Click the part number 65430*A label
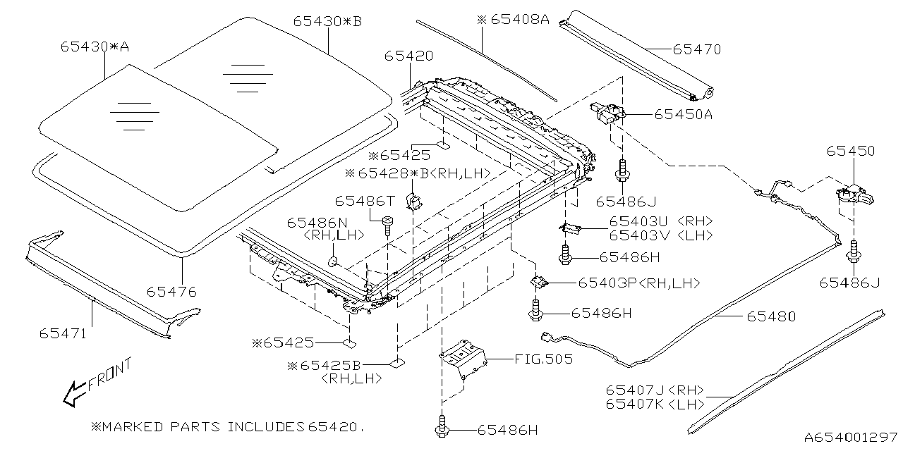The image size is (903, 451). click(x=95, y=47)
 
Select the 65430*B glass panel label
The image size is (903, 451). click(x=327, y=21)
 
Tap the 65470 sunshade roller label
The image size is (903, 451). click(x=696, y=49)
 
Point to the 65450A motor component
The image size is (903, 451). click(x=608, y=113)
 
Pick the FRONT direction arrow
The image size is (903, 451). click(x=74, y=394)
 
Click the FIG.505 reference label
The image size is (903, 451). click(x=543, y=359)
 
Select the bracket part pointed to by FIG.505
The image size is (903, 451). click(x=463, y=359)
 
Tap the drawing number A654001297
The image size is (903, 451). click(x=851, y=438)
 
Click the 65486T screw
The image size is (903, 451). click(x=388, y=226)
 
